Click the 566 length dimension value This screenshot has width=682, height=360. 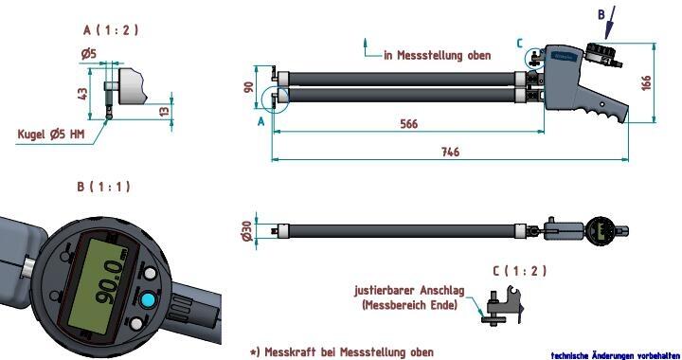pos(408,124)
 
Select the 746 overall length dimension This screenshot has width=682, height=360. pos(451,152)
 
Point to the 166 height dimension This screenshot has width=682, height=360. pos(646,83)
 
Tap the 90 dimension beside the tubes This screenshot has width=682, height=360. pos(248,87)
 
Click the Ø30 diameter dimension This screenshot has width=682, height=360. pos(246,231)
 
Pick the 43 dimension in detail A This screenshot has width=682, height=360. pos(82,94)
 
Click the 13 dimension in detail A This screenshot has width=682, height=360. pos(164,111)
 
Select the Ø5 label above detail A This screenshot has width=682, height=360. pos(89,54)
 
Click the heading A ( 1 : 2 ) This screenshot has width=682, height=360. pos(111,30)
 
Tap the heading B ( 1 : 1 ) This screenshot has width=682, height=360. pos(103,187)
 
